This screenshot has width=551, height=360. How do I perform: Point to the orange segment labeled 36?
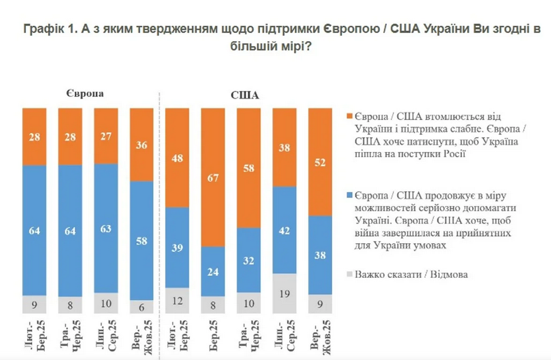(x=141, y=145)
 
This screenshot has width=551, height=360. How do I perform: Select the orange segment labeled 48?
(x=178, y=158)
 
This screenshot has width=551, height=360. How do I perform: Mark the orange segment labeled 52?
(x=321, y=162)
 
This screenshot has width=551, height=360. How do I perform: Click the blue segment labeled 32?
(x=249, y=260)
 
